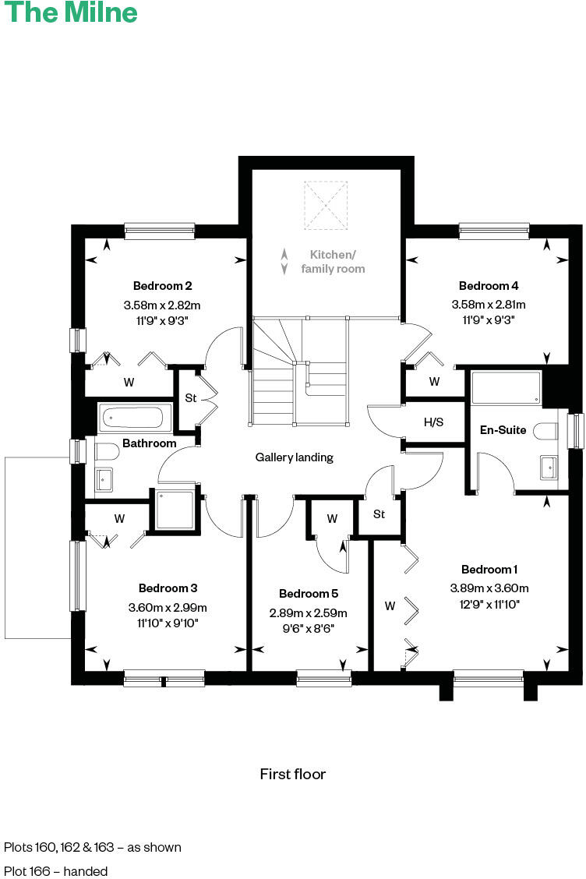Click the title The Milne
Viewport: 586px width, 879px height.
70,13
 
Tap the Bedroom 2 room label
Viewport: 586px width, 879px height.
162,285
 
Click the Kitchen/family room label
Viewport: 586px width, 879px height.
333,262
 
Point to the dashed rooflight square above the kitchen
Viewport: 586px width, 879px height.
327,206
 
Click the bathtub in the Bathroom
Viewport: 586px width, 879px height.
136,417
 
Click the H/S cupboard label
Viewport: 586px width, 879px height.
433,422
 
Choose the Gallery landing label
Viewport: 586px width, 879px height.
295,457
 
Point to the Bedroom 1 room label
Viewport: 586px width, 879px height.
489,569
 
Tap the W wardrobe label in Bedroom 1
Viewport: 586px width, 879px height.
389,605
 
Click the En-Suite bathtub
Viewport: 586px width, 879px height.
507,387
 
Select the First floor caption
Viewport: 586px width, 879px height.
293,774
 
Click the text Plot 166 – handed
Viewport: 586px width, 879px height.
56,870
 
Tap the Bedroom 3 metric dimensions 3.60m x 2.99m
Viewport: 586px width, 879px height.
168,608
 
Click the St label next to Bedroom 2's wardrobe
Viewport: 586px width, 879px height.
190,399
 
